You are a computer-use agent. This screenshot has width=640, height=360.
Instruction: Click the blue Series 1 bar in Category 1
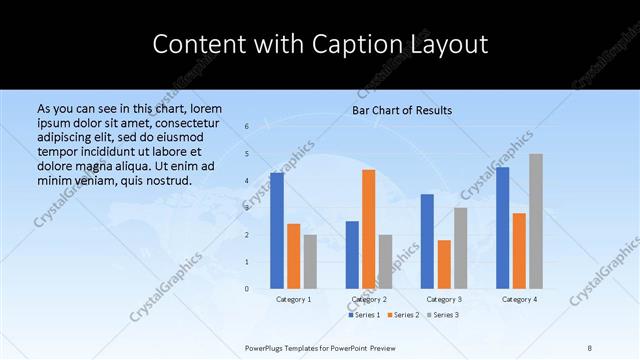tap(277, 231)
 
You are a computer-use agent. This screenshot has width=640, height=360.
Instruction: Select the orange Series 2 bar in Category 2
tap(368, 229)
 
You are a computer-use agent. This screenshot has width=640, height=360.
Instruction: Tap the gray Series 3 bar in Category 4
tap(536, 221)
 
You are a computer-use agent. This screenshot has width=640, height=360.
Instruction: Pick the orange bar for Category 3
tap(444, 264)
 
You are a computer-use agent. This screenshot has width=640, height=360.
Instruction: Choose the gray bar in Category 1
tap(310, 261)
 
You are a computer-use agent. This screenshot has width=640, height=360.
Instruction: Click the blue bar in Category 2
tap(352, 255)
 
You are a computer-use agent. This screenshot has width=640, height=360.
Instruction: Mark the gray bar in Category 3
tap(460, 248)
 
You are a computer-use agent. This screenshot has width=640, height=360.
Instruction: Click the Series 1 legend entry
tap(365, 315)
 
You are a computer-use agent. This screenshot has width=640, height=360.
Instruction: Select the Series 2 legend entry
tap(404, 315)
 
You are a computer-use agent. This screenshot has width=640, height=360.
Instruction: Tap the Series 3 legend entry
tap(443, 315)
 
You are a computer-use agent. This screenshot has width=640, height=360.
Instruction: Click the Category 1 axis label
tap(293, 299)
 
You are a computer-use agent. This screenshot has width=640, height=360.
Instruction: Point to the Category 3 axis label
tap(444, 299)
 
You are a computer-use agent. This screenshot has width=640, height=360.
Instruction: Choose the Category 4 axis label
tap(519, 299)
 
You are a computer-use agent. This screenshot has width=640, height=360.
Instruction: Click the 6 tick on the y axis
tap(247, 127)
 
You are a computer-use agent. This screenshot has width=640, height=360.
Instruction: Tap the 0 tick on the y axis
tap(247, 289)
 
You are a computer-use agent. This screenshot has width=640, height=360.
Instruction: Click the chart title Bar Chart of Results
tap(402, 110)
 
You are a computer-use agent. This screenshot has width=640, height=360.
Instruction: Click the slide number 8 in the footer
tap(590, 347)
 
